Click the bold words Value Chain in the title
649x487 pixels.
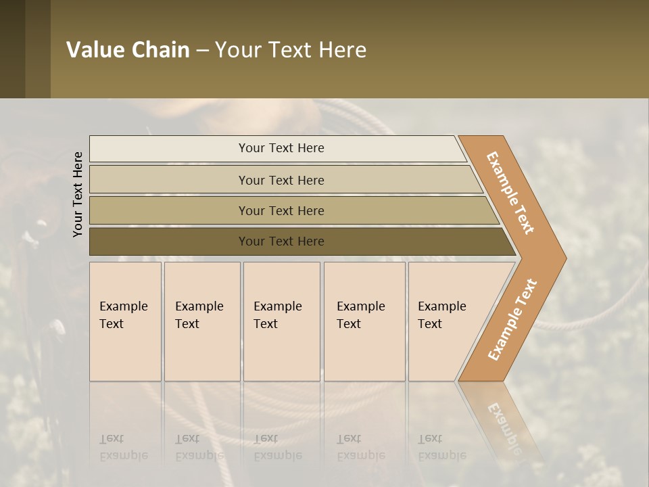[128, 50]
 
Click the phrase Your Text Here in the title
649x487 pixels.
[291, 50]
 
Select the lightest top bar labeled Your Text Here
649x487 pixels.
[281, 148]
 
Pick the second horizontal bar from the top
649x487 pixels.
[281, 180]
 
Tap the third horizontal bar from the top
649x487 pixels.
[281, 210]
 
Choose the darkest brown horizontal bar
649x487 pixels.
[281, 241]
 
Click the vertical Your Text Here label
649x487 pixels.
[78, 194]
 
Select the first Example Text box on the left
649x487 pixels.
[124, 321]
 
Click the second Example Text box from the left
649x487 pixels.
[201, 321]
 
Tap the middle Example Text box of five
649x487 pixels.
[281, 321]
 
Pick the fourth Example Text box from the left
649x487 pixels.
[364, 321]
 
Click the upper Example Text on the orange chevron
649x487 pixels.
[510, 193]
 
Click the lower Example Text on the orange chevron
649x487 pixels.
[512, 319]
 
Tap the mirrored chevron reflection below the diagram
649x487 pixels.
[504, 419]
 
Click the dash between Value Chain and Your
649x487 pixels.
[202, 51]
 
